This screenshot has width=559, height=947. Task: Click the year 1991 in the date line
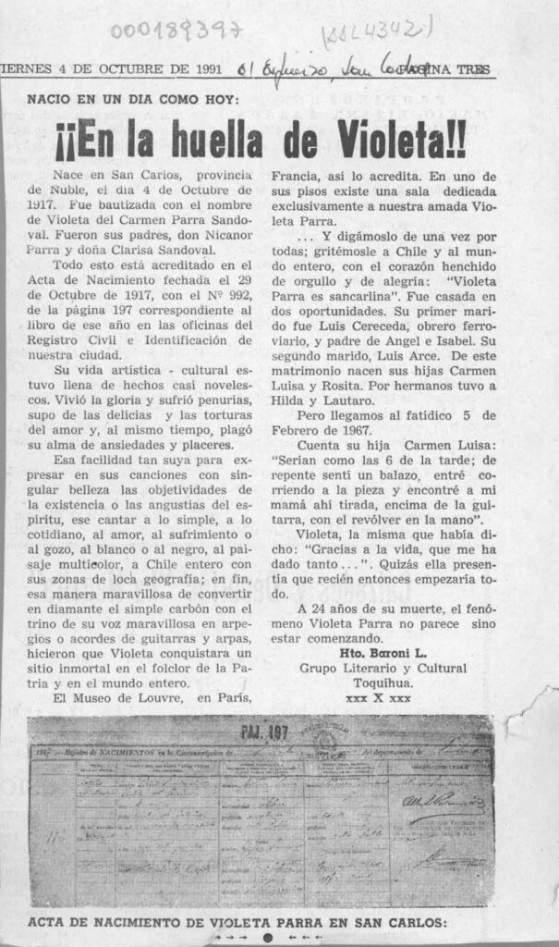click(x=201, y=69)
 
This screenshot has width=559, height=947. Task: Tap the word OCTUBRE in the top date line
click(x=124, y=69)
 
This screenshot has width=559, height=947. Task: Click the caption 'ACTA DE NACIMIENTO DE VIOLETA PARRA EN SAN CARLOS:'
click(x=237, y=921)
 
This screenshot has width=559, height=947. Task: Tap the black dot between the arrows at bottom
click(x=267, y=937)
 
